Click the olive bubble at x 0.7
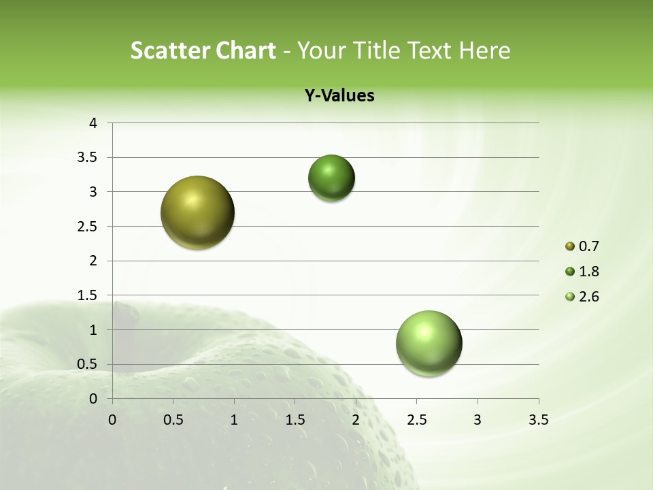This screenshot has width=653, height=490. [197, 212]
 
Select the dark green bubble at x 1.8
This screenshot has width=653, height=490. [331, 178]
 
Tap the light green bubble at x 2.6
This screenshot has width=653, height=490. [429, 343]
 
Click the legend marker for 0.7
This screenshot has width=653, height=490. [570, 246]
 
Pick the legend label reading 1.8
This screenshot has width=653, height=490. [589, 272]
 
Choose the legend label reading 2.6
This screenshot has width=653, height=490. [589, 297]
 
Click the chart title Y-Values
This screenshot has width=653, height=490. [339, 96]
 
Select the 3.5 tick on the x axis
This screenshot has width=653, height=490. [538, 420]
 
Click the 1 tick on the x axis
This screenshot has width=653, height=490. [234, 420]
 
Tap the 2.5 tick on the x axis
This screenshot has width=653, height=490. [416, 420]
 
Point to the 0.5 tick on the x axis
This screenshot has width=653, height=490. [173, 420]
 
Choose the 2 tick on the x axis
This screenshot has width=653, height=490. [356, 420]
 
